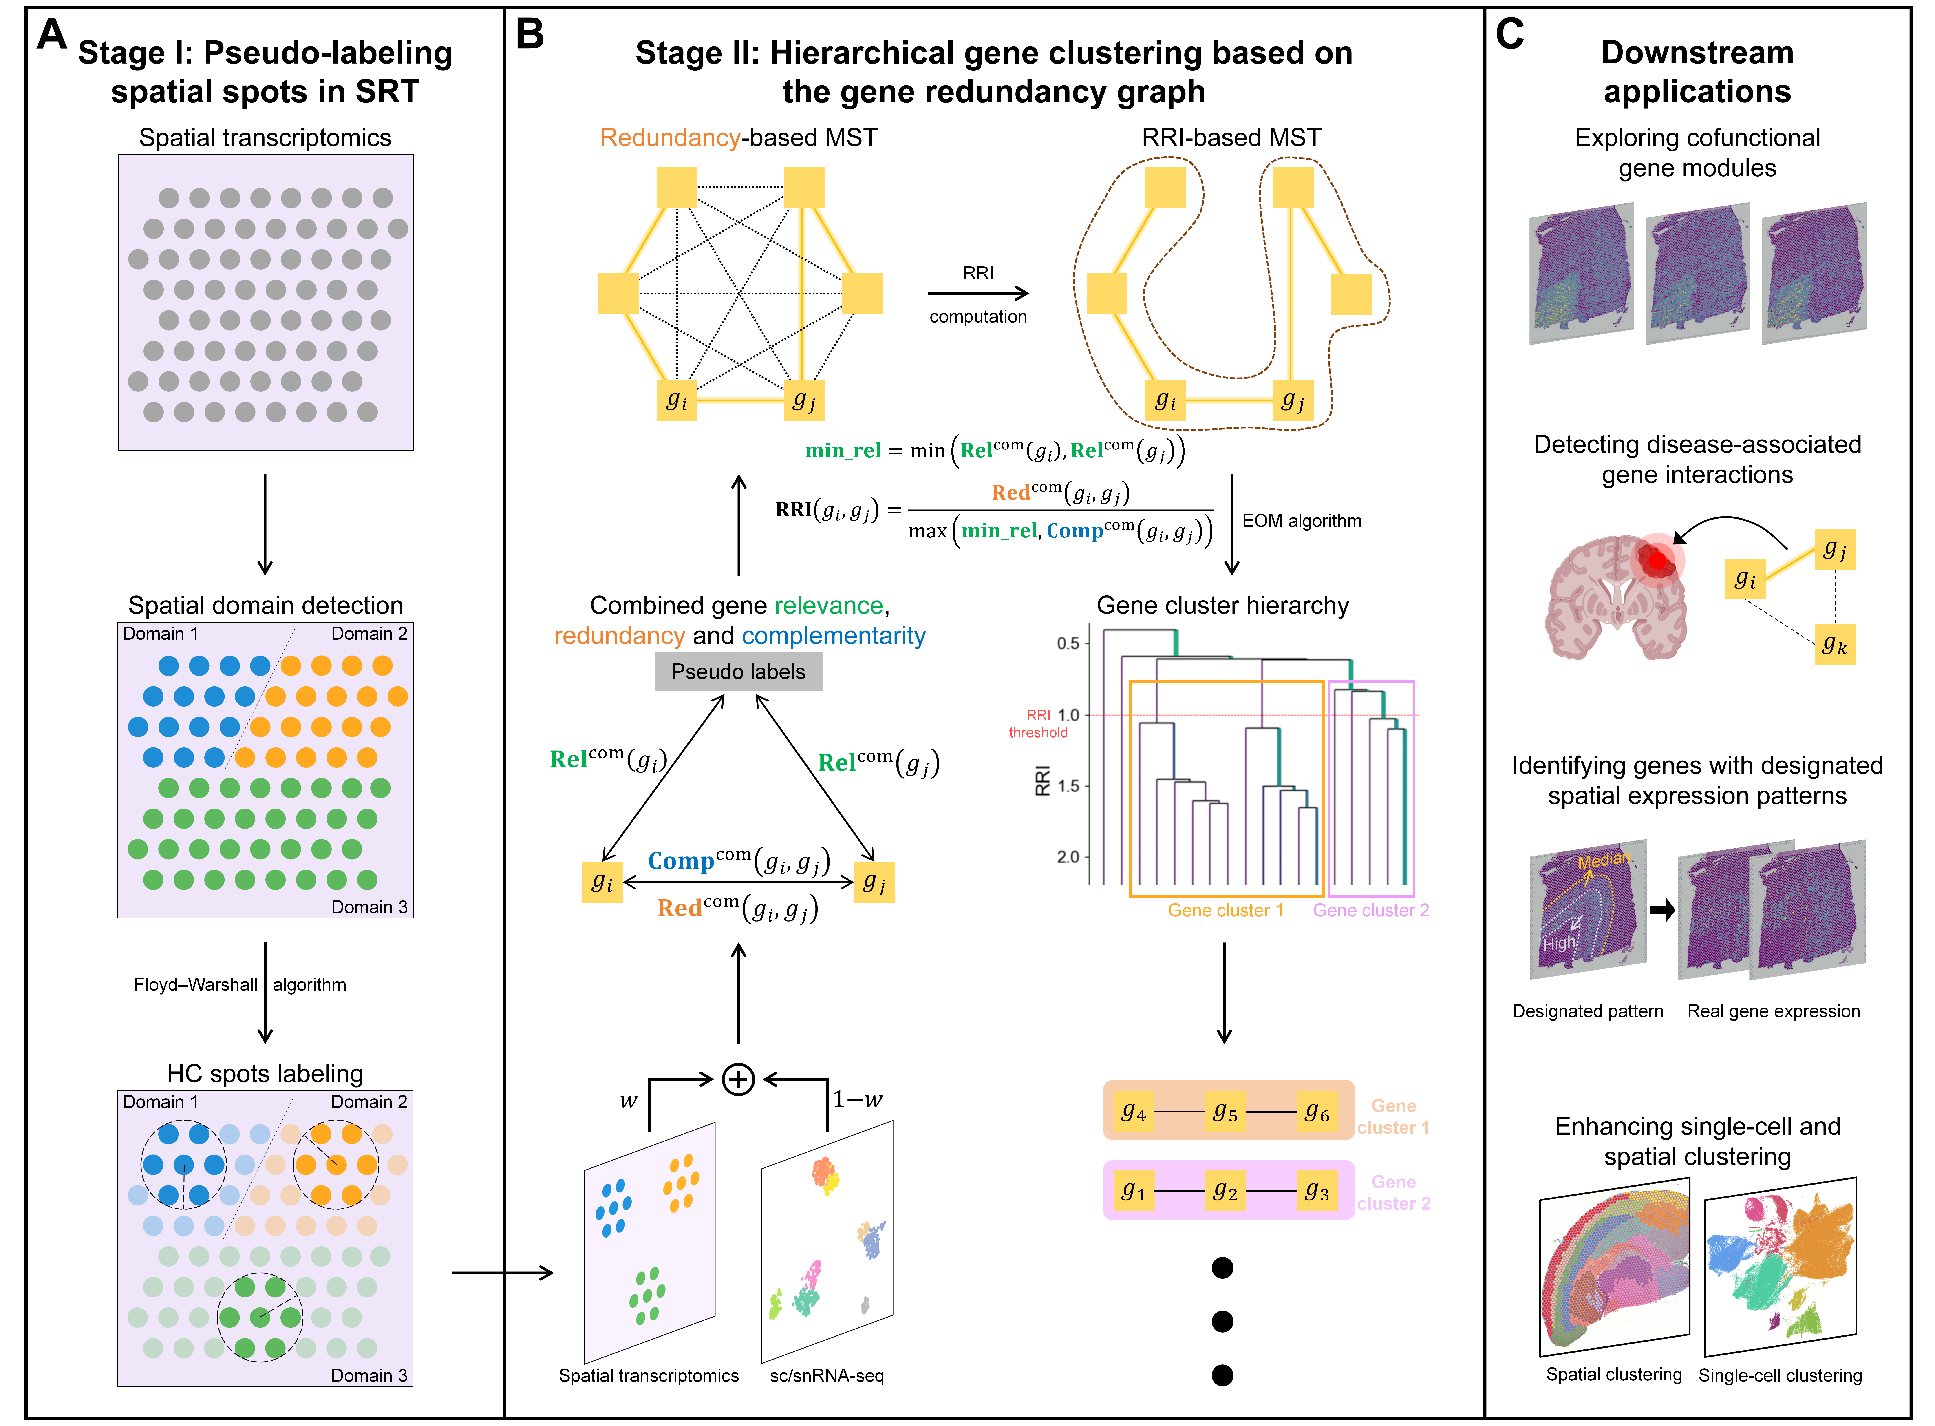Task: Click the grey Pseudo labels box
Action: coord(738,672)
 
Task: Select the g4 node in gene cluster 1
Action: coord(1133,1111)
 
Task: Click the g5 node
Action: coord(1226,1111)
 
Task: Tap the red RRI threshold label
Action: coord(1038,723)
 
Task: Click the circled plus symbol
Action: coord(738,1079)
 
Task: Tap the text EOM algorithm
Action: coord(1302,520)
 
